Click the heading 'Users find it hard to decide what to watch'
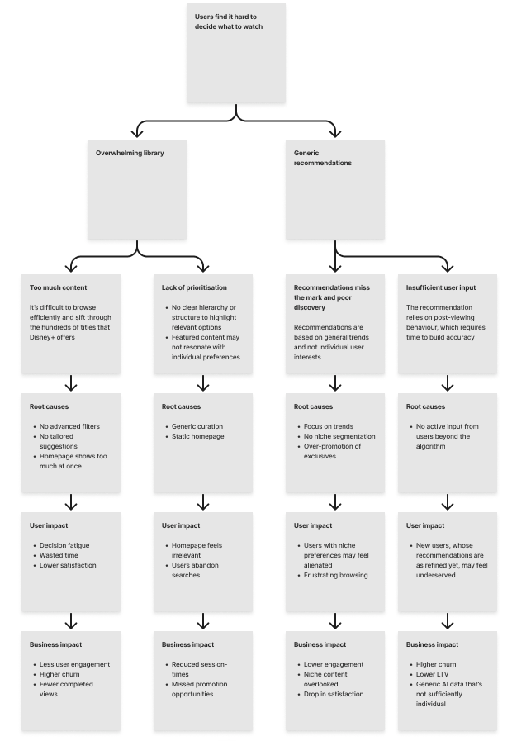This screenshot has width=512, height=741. click(x=225, y=21)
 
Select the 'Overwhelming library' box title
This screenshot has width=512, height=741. click(x=129, y=153)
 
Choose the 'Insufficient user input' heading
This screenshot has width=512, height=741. click(x=440, y=287)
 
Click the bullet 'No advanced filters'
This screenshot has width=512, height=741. click(x=69, y=426)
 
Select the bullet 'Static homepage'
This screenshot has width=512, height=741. click(x=197, y=436)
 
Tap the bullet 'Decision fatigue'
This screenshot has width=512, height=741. click(x=64, y=545)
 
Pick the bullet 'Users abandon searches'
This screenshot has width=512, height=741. click(x=197, y=570)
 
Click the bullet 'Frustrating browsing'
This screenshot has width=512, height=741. click(x=335, y=575)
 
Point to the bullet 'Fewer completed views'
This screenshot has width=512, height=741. click(x=66, y=689)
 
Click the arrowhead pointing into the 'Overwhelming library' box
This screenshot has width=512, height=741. click(x=137, y=132)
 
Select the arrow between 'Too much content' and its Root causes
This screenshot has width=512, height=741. click(x=71, y=383)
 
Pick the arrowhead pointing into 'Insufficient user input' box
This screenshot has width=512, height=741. click(x=448, y=266)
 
